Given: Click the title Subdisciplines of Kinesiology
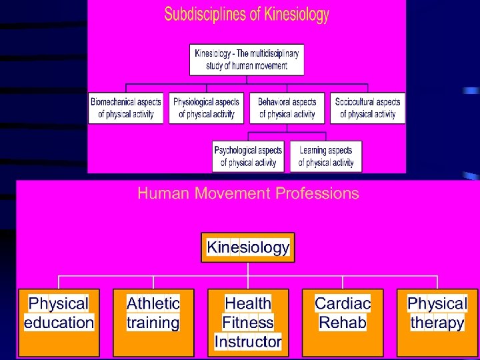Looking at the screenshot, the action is pos(247,14).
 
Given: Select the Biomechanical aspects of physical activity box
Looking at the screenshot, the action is pos(126,108).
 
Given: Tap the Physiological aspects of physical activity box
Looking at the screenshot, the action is pos(207,108).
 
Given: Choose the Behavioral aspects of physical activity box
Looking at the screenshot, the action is pos(287,108).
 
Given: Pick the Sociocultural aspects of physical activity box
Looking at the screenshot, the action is pos(367,108).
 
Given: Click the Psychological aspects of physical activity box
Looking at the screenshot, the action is pos(248,157).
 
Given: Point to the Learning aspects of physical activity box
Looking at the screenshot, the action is pos(326,157).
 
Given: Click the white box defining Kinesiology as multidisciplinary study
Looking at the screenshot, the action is pos(247,59).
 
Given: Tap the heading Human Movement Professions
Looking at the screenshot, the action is pos(248,194).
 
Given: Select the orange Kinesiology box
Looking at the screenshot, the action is pos(248,248).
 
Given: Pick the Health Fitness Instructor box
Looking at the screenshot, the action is pos(248,323).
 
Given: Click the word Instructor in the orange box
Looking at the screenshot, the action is pos(248,342).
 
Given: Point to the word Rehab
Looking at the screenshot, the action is pos(343,323).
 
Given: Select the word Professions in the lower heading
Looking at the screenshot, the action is pos(316,194).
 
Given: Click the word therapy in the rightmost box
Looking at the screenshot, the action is pos(437,323).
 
